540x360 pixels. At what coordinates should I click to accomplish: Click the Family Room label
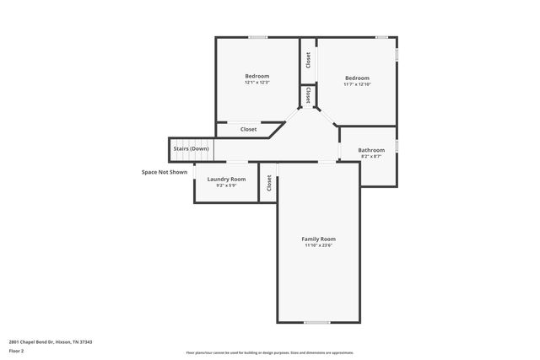click(x=318, y=239)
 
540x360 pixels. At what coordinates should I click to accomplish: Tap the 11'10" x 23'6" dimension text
click(x=318, y=245)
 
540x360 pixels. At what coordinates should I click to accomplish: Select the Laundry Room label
click(x=226, y=179)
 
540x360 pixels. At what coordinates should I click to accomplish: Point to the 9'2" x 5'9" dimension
click(x=226, y=185)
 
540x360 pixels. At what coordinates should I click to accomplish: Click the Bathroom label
click(x=371, y=150)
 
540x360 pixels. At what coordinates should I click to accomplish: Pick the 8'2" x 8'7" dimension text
click(x=371, y=157)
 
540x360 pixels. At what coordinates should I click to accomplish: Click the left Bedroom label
click(x=256, y=76)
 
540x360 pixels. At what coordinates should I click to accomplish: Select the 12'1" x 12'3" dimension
click(x=256, y=83)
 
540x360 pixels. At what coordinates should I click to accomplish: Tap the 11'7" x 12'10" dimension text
click(x=357, y=84)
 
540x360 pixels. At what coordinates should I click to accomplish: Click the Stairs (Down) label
click(x=191, y=148)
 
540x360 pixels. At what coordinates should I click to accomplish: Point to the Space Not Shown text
click(x=165, y=172)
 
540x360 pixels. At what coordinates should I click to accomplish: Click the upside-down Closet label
click(x=309, y=95)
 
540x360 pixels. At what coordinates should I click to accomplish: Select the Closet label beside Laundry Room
click(x=269, y=183)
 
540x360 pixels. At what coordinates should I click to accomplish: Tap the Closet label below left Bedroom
click(x=248, y=130)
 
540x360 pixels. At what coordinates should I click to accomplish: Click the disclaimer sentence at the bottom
click(x=269, y=352)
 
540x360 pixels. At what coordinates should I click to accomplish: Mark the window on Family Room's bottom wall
click(x=317, y=322)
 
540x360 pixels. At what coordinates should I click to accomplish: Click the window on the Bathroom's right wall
click(x=397, y=146)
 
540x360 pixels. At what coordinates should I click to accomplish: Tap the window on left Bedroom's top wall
click(x=257, y=36)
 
